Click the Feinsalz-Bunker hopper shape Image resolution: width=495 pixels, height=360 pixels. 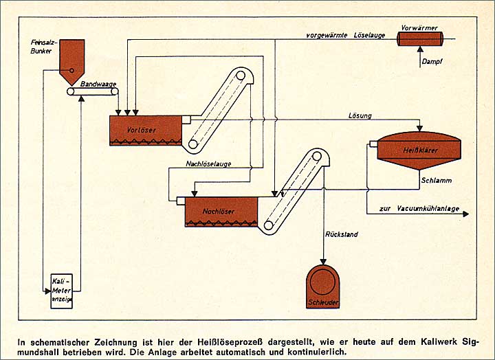tap(71, 56)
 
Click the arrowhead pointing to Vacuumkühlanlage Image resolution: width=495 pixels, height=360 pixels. tap(465, 214)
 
